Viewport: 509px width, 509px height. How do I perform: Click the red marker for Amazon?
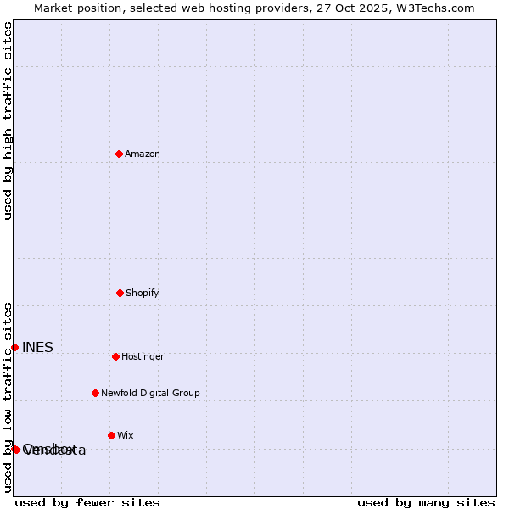pyautogui.click(x=120, y=154)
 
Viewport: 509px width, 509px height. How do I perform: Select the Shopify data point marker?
pyautogui.click(x=120, y=293)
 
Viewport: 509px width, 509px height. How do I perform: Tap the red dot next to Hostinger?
pyautogui.click(x=115, y=356)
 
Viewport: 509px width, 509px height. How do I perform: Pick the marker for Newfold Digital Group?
pyautogui.click(x=95, y=393)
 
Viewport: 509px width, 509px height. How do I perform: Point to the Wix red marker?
pyautogui.click(x=111, y=435)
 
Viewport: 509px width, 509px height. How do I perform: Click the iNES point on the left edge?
pyautogui.click(x=14, y=347)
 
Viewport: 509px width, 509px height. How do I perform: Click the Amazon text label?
pyautogui.click(x=143, y=154)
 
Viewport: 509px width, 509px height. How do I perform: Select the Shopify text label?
pyautogui.click(x=143, y=293)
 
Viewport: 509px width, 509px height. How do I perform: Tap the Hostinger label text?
pyautogui.click(x=143, y=356)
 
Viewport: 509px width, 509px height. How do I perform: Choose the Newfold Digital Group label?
pyautogui.click(x=150, y=393)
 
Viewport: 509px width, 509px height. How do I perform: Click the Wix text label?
pyautogui.click(x=126, y=435)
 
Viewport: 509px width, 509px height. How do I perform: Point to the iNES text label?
pyautogui.click(x=37, y=347)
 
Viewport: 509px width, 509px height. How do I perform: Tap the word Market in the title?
pyautogui.click(x=54, y=8)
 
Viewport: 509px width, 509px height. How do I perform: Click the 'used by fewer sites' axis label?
pyautogui.click(x=87, y=502)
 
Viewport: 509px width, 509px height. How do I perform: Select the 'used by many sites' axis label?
pyautogui.click(x=426, y=502)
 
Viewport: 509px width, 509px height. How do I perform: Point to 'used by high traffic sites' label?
pyautogui.click(x=8, y=120)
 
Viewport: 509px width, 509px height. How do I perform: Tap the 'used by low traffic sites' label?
pyautogui.click(x=8, y=397)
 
